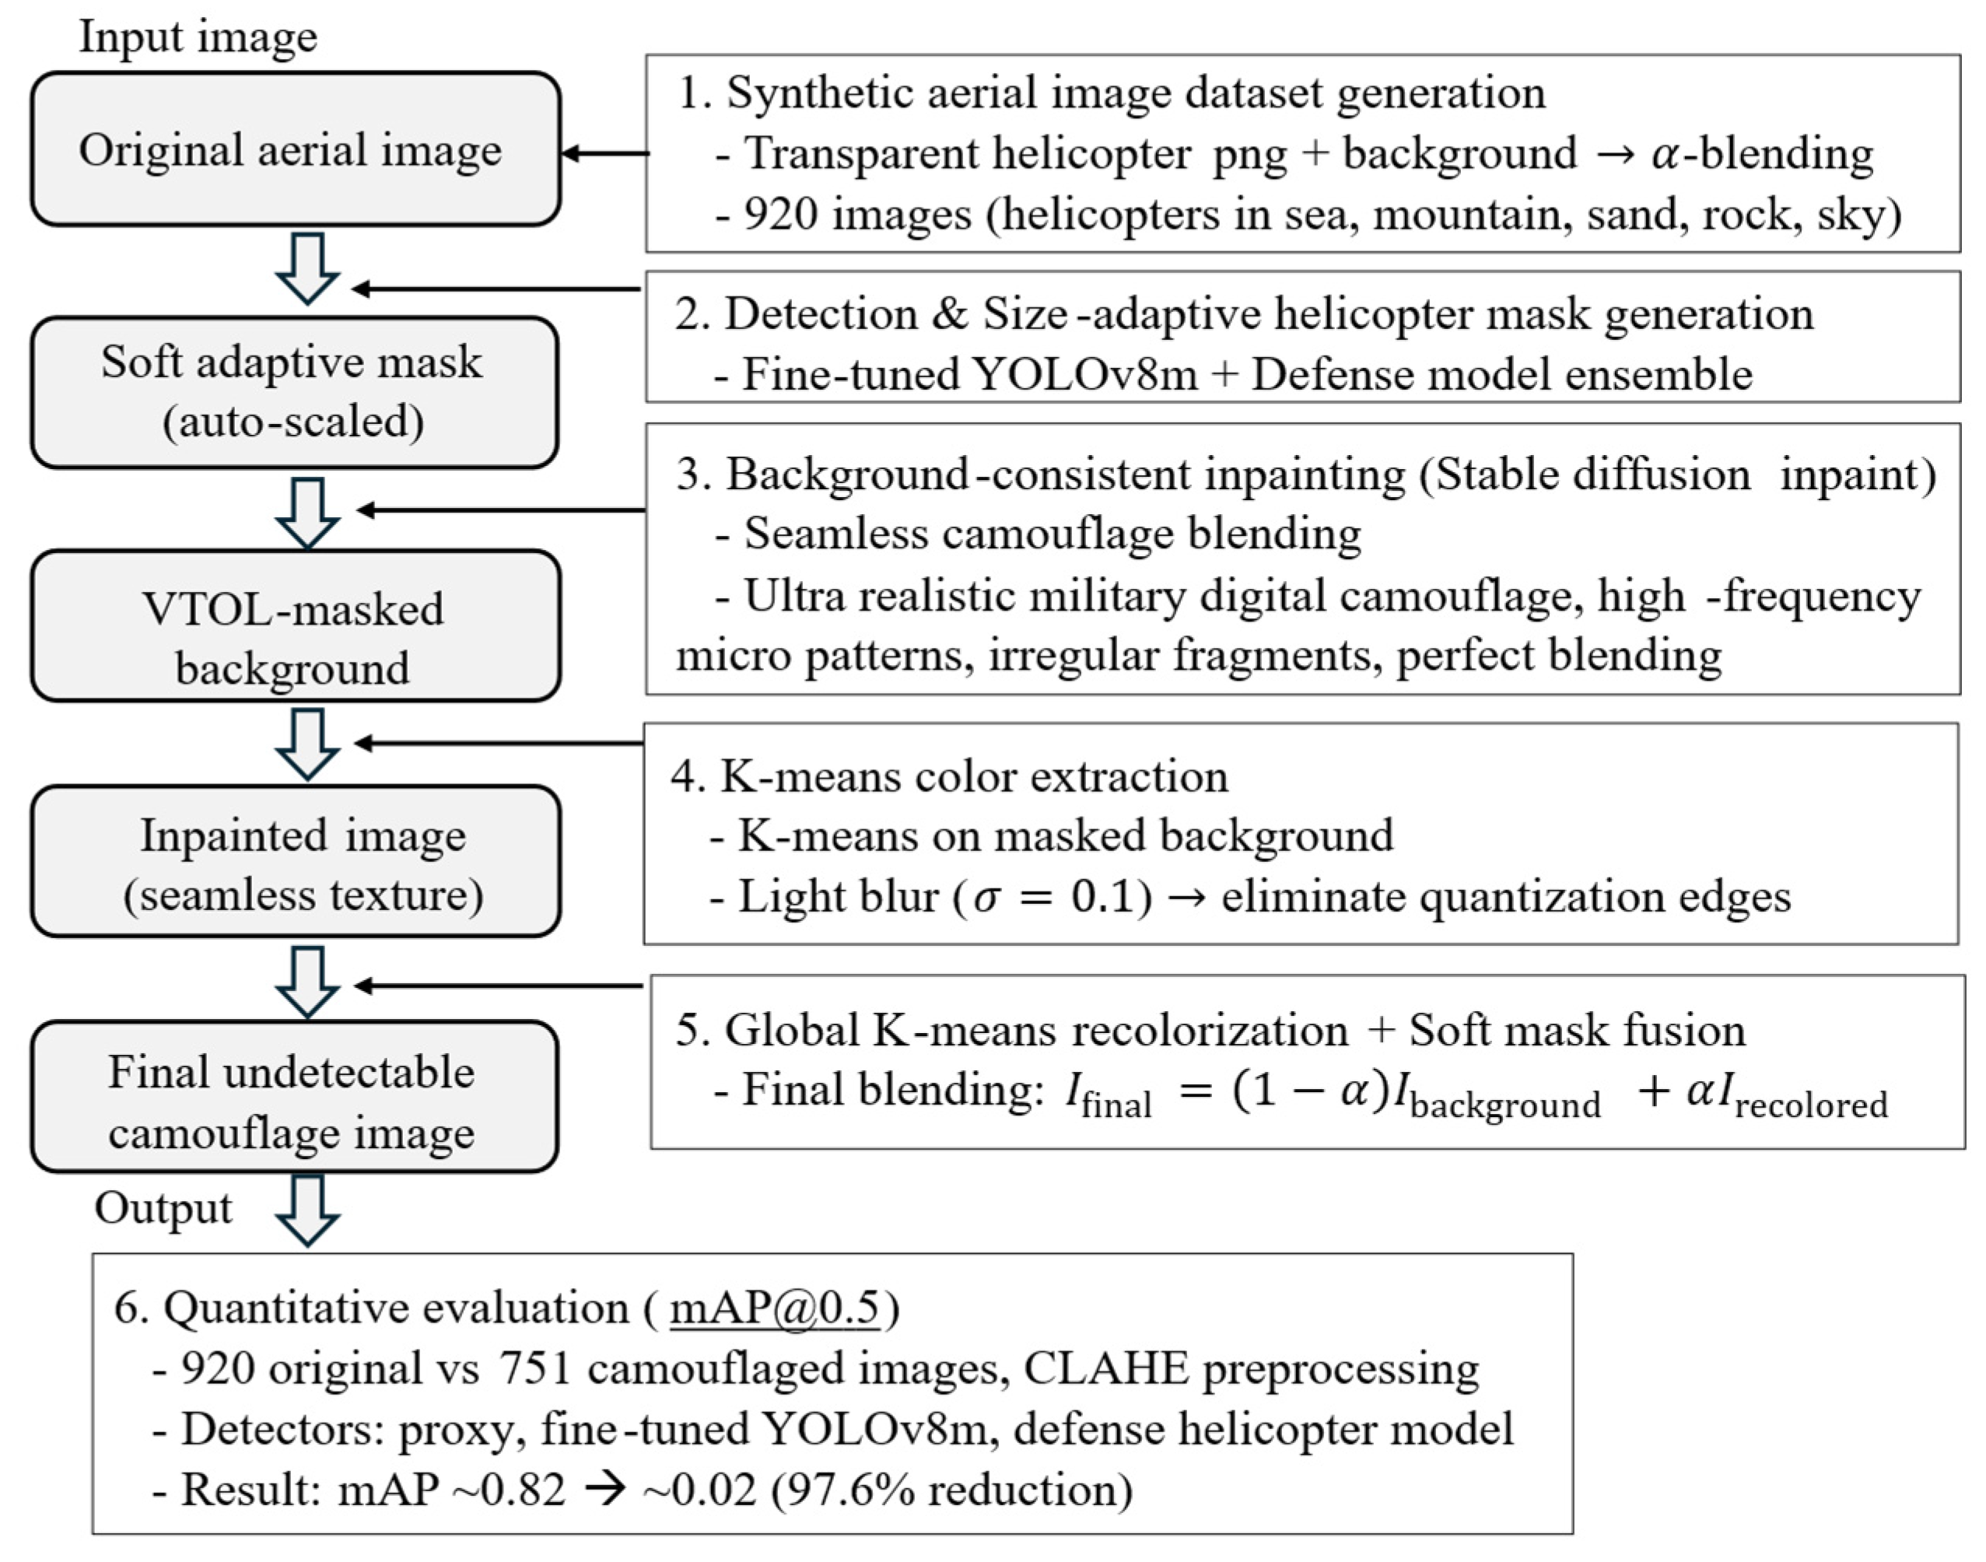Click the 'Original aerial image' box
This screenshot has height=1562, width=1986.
(x=296, y=149)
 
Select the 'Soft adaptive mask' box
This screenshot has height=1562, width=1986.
(x=294, y=392)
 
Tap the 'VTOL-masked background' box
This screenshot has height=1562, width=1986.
(x=296, y=625)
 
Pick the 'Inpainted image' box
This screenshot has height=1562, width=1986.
(x=296, y=861)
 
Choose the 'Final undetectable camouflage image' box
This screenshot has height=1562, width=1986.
(x=294, y=1097)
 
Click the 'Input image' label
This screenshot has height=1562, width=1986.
(x=198, y=37)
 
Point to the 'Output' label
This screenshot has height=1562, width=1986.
(x=163, y=1207)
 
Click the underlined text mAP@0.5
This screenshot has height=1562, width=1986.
(x=775, y=1308)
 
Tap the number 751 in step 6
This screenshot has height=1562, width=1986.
(x=535, y=1368)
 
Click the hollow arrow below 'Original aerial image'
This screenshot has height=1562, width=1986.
(x=308, y=268)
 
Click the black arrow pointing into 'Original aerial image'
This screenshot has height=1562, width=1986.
(x=604, y=154)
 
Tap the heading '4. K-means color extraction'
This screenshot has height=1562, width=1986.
(x=949, y=776)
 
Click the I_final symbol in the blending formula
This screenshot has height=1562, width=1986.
(x=1109, y=1094)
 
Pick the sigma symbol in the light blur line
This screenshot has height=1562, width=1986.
(x=986, y=897)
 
